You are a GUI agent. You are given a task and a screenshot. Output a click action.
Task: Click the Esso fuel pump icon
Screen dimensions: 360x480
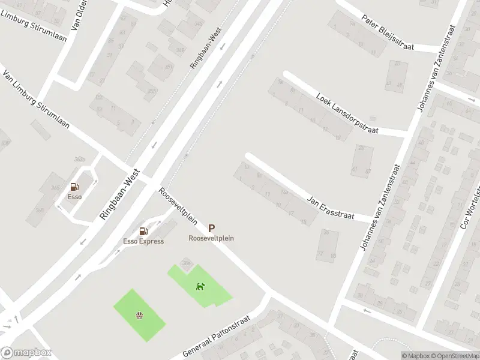[74, 187]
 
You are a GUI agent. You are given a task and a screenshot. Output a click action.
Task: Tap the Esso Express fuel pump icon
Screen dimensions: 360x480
[143, 231]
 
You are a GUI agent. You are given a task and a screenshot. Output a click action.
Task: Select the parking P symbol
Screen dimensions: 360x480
[211, 228]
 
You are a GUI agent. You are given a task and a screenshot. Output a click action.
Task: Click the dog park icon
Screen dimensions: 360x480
[199, 286]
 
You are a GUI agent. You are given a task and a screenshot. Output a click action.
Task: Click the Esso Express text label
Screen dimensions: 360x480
[143, 241]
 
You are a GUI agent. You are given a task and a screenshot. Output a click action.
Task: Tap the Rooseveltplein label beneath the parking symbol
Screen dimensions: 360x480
[211, 238]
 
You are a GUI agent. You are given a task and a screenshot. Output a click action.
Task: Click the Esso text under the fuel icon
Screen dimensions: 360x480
[74, 196]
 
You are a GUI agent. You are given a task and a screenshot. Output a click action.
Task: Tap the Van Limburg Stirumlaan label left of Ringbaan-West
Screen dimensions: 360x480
[36, 102]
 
